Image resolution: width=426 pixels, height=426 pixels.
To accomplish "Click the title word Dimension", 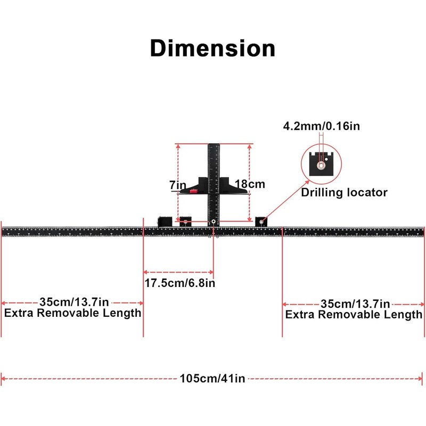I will pyautogui.click(x=212, y=48).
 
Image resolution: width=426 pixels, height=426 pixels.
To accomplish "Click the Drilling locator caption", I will pyautogui.click(x=344, y=193).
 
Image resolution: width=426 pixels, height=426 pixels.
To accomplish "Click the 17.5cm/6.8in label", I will pyautogui.click(x=179, y=283).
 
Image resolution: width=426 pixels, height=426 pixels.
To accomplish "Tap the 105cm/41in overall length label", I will pyautogui.click(x=212, y=379).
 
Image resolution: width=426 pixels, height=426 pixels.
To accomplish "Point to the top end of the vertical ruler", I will pyautogui.click(x=214, y=145).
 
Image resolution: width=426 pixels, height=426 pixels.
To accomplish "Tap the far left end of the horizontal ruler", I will pyautogui.click(x=3, y=231).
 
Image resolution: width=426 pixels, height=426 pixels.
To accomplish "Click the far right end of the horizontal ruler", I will pyautogui.click(x=423, y=231).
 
